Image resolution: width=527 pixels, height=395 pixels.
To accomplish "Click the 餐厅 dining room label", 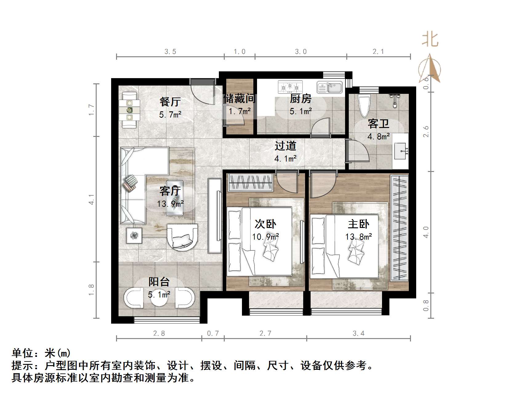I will pyautogui.click(x=170, y=102).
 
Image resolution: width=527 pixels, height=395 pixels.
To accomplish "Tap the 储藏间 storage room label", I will pyautogui.click(x=239, y=98).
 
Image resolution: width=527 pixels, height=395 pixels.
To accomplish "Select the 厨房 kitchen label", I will pyautogui.click(x=300, y=98).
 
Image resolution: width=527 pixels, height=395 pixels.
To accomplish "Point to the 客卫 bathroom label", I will pyautogui.click(x=378, y=124).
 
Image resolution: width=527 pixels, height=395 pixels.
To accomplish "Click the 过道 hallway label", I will pyautogui.click(x=285, y=146).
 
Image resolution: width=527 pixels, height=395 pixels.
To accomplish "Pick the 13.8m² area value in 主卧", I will pyautogui.click(x=358, y=237).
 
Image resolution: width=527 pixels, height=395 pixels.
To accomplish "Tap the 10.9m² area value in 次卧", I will pyautogui.click(x=265, y=237).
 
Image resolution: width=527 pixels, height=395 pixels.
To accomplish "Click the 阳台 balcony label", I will pyautogui.click(x=159, y=282).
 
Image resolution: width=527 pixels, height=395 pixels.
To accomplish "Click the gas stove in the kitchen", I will pyautogui.click(x=290, y=87).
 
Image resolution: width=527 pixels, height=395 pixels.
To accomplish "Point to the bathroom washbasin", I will pyautogui.click(x=401, y=151).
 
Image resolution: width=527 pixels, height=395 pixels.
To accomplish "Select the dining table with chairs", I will pyautogui.click(x=130, y=110).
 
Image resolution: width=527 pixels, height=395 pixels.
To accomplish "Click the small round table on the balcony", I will pyautogui.click(x=159, y=298).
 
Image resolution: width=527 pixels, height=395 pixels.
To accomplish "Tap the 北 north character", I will pyautogui.click(x=430, y=40).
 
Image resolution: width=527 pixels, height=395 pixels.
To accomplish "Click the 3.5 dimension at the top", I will pyautogui.click(x=170, y=52).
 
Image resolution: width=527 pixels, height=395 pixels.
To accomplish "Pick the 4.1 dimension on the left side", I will pyautogui.click(x=91, y=199).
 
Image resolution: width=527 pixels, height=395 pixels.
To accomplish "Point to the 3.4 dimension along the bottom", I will pyautogui.click(x=358, y=333).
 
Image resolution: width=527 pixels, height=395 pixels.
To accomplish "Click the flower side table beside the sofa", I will pyautogui.click(x=134, y=236).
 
